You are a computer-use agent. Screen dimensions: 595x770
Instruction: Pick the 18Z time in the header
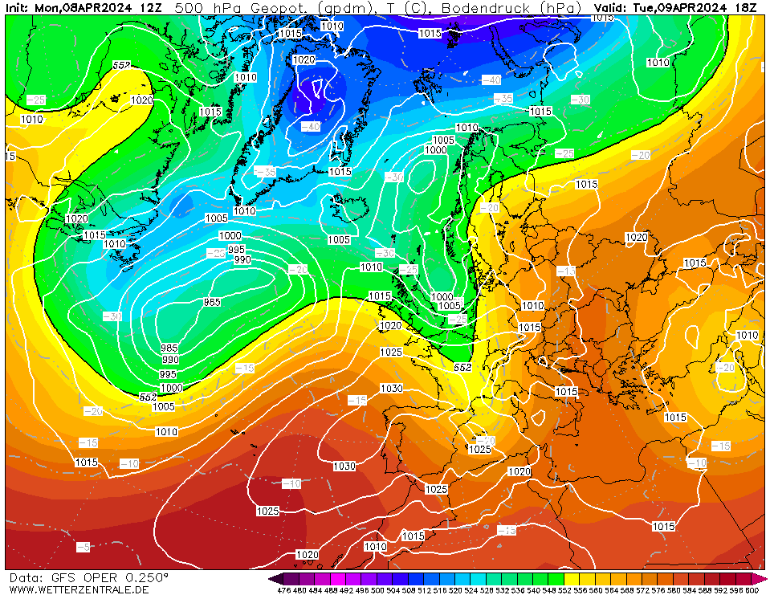click(746, 8)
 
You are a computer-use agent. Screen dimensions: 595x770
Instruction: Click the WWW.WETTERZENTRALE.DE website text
click(79, 589)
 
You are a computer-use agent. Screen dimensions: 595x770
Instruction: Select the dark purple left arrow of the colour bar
click(275, 579)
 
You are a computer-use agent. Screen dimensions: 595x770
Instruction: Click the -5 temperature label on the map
click(83, 547)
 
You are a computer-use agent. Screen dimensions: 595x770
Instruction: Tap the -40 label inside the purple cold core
click(310, 127)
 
